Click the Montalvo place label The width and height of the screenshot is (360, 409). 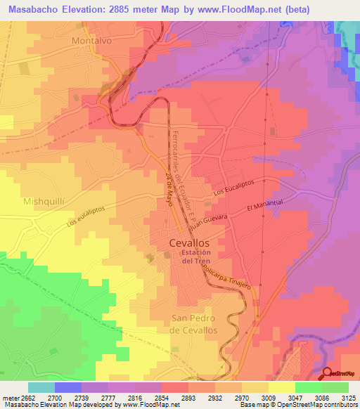click(x=92, y=41)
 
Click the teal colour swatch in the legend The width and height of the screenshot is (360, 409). click(x=41, y=387)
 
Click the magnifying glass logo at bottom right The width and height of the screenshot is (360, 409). click(x=327, y=373)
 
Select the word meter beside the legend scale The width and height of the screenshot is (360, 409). click(x=8, y=397)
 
